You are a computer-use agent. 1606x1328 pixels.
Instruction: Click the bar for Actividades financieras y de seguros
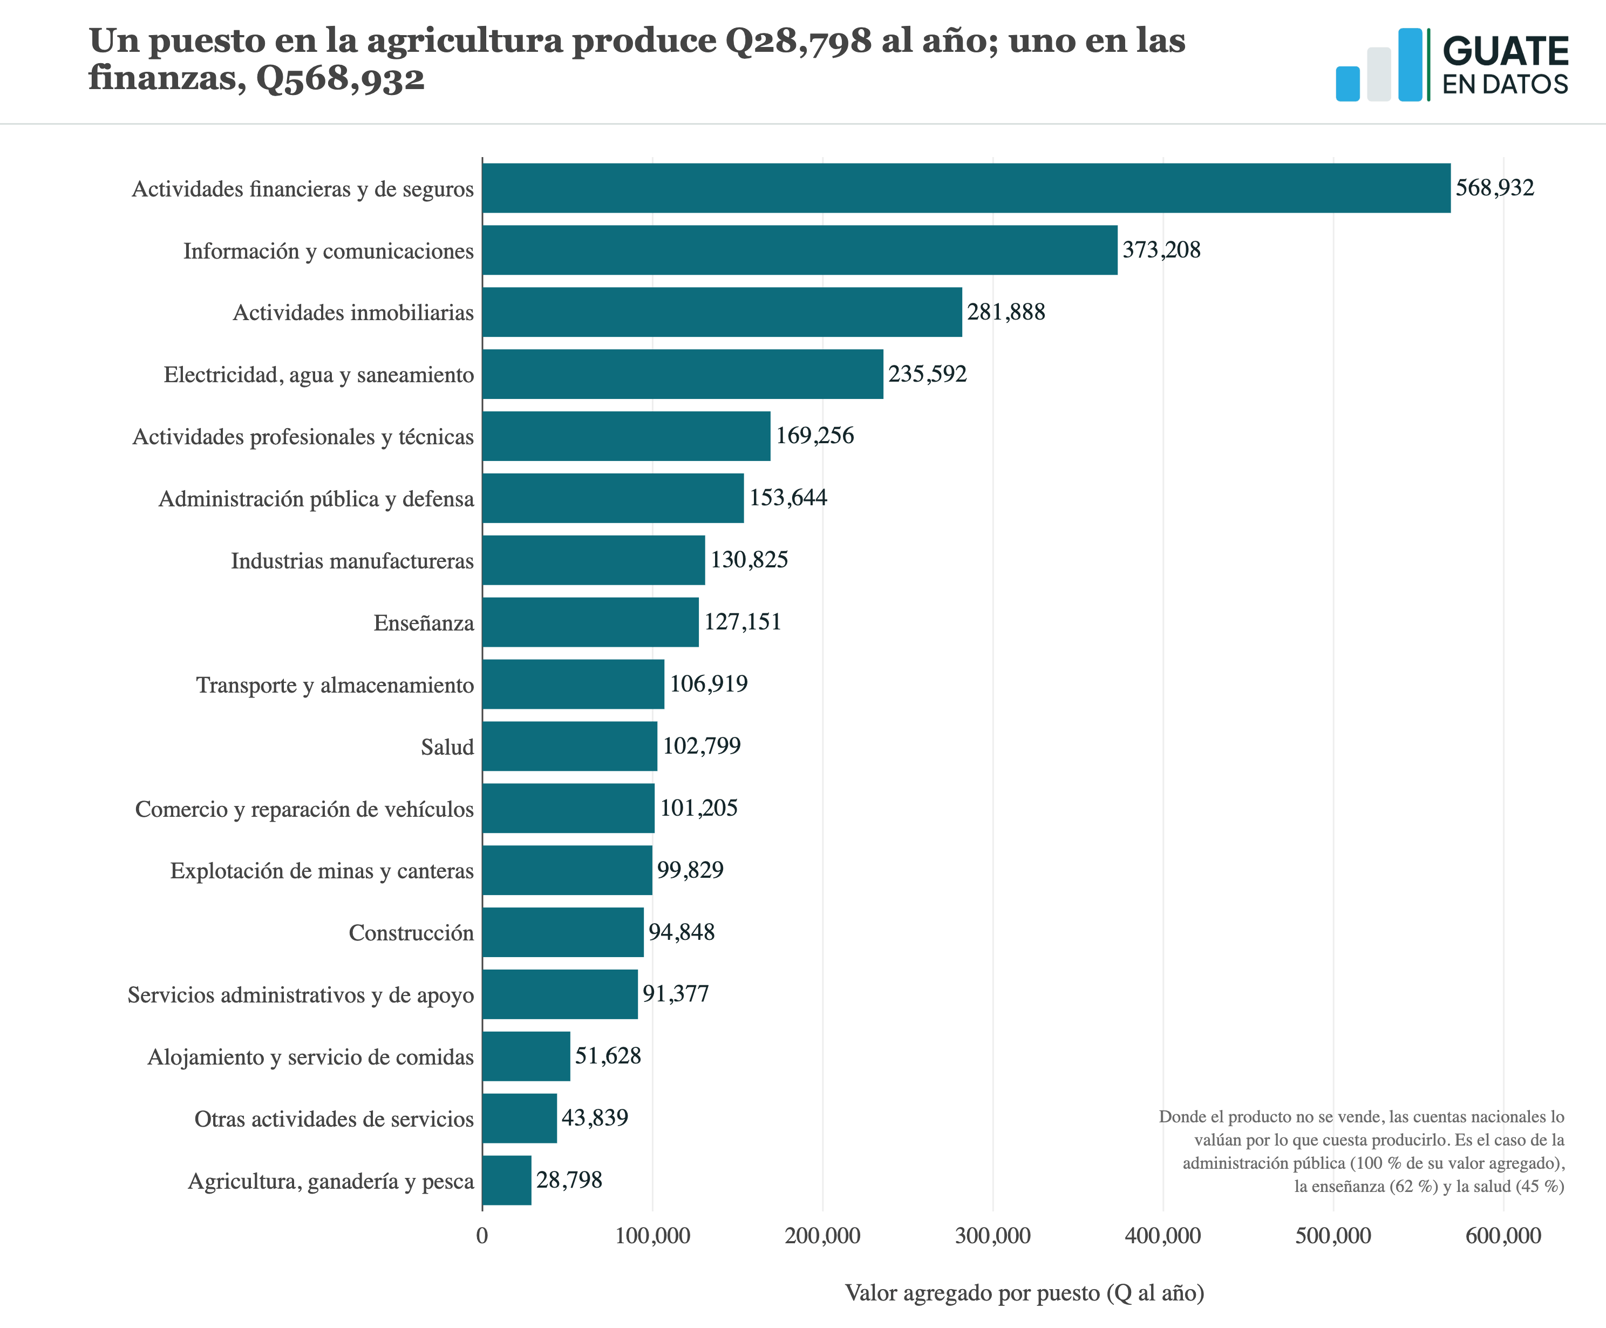[966, 188]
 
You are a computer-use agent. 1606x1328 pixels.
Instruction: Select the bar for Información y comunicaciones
[800, 250]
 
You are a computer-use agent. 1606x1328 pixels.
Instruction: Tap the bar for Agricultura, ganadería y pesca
[507, 1181]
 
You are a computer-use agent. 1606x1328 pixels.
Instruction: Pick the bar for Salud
[570, 746]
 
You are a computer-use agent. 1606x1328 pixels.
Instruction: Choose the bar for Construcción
[563, 932]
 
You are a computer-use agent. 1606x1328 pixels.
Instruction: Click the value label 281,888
[1006, 312]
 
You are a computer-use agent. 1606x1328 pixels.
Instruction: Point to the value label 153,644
[788, 498]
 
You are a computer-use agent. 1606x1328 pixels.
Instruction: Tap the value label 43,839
[595, 1119]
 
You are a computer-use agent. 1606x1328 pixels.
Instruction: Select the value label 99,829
[690, 871]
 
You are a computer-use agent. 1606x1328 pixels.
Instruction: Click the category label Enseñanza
[424, 624]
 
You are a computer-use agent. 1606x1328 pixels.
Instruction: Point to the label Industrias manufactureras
[352, 561]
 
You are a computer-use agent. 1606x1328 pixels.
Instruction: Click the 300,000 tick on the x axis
[992, 1236]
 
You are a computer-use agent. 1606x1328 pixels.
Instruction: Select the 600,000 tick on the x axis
[1503, 1236]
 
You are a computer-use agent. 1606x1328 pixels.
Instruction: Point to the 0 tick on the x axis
[482, 1236]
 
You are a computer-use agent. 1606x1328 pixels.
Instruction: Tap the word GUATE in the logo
[1505, 51]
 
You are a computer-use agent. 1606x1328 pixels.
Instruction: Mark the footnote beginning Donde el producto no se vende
[1362, 1151]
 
